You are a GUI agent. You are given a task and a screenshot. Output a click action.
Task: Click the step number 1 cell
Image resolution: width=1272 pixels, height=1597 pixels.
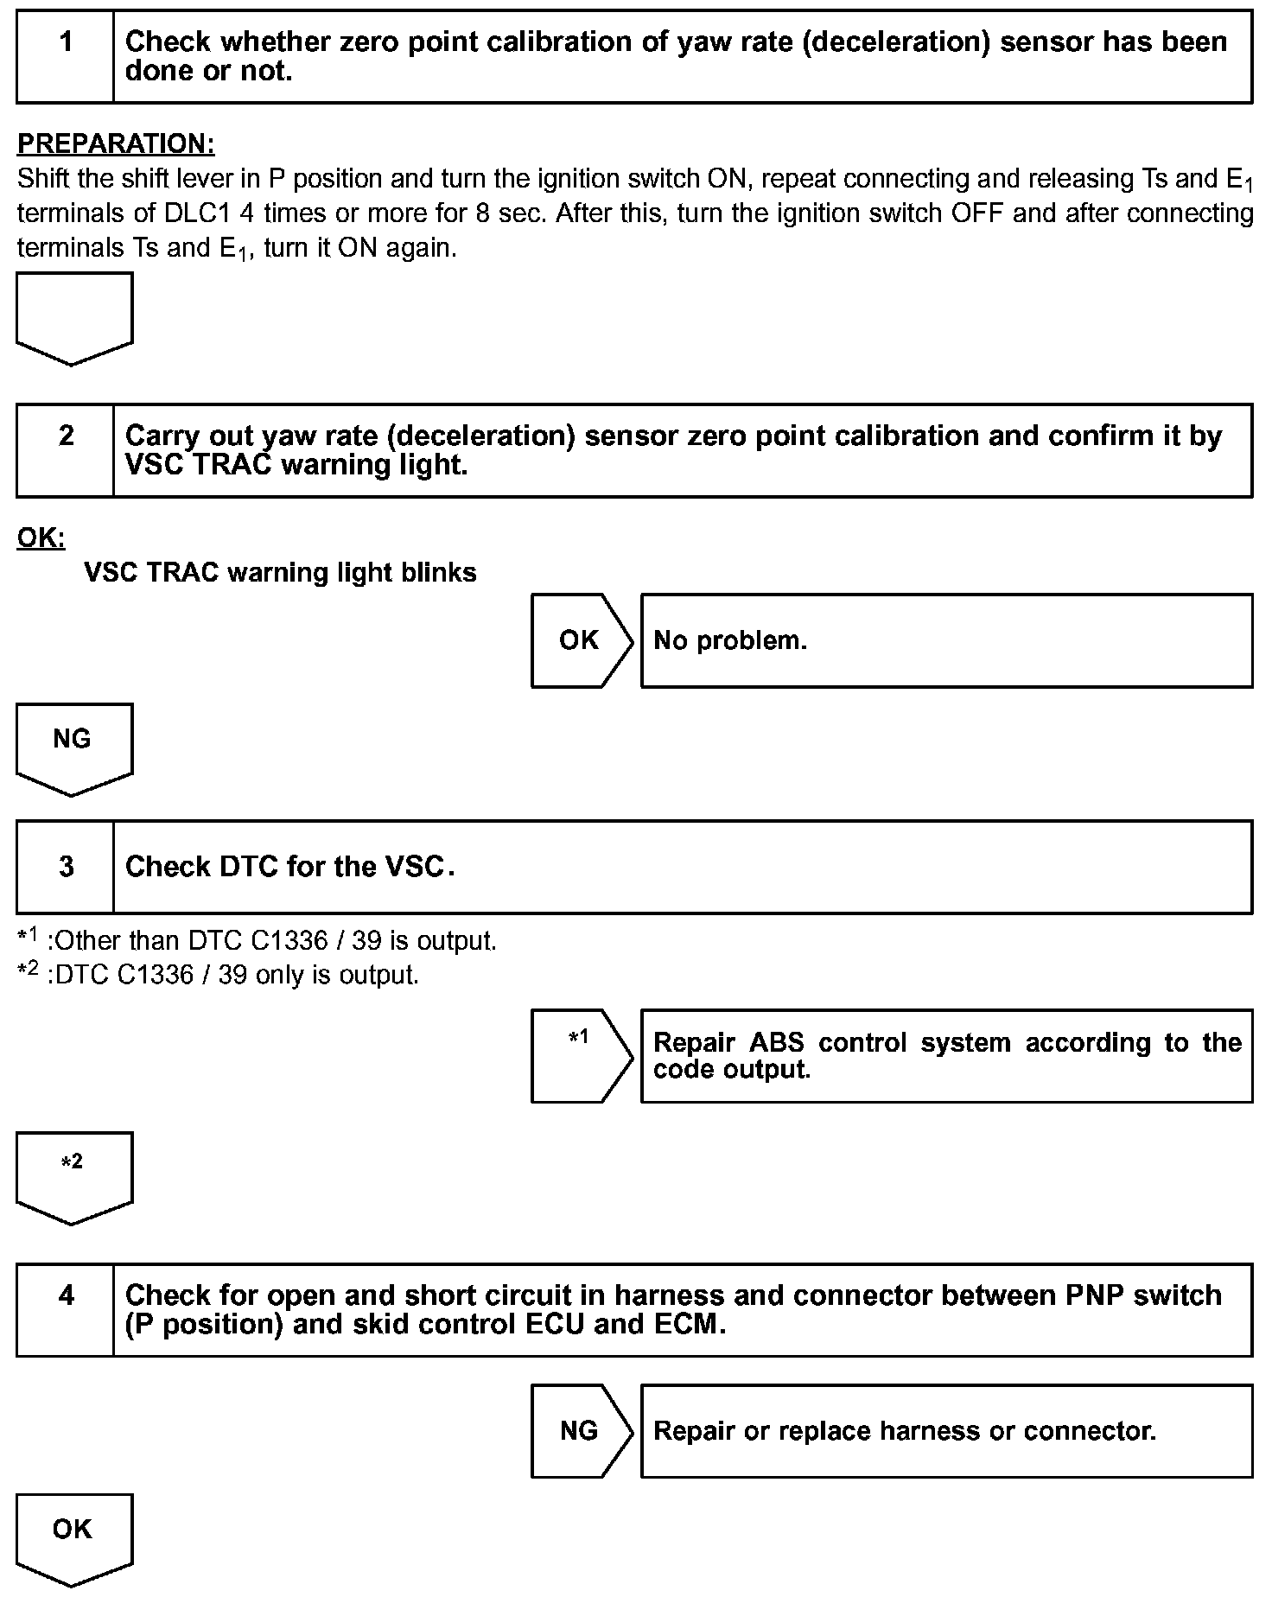[x=66, y=57]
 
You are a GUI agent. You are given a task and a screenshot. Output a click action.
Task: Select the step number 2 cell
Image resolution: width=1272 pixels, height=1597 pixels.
[x=66, y=450]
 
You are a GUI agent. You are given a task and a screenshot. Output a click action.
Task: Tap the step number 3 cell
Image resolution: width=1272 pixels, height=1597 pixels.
[x=66, y=867]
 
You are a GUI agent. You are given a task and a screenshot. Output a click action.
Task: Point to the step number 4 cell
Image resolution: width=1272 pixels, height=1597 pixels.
[x=66, y=1310]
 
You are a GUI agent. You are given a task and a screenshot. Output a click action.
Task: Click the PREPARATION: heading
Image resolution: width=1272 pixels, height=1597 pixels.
[x=116, y=143]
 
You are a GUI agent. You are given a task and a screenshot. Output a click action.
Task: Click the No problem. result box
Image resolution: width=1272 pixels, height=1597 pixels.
[x=946, y=640]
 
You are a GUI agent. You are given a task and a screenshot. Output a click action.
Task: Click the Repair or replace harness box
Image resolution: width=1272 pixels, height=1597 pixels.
[x=946, y=1430]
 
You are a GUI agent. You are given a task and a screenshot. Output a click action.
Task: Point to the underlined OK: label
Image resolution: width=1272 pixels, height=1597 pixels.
[x=41, y=538]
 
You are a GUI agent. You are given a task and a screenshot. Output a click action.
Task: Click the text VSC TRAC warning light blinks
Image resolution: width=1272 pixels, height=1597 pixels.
[x=280, y=572]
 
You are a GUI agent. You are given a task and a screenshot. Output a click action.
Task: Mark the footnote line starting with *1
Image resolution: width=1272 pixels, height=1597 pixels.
[x=258, y=940]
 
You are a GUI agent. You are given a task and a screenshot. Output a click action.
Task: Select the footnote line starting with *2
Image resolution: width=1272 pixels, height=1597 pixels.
[x=219, y=975]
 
